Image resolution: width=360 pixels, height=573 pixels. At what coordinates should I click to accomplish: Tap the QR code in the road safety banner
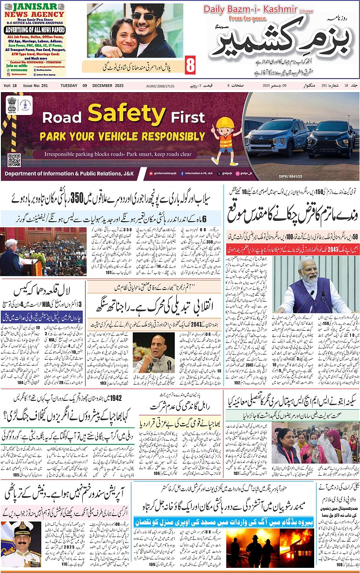(x=14, y=160)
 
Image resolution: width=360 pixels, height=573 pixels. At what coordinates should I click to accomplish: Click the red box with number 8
(x=190, y=65)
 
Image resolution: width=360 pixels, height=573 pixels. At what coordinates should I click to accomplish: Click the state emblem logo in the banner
(x=11, y=105)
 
